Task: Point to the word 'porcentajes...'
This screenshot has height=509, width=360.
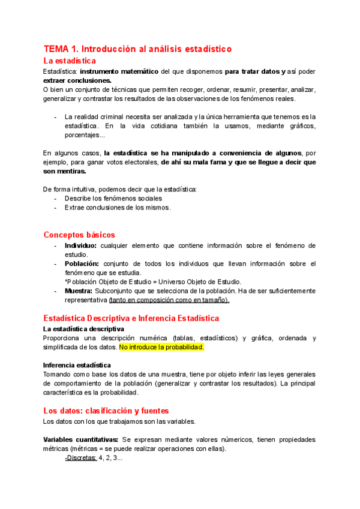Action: click(85, 135)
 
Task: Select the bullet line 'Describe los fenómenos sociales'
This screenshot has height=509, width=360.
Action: click(113, 198)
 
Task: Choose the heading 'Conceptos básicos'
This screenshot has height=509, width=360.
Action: click(79, 235)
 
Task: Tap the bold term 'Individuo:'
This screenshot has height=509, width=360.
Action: click(80, 245)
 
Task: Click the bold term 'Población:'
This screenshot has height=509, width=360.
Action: click(82, 264)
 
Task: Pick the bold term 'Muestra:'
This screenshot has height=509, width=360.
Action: click(79, 291)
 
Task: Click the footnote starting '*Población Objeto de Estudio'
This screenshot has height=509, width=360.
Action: click(153, 282)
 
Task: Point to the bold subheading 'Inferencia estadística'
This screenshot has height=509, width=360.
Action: click(77, 365)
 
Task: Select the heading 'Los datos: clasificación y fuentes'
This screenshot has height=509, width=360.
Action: click(106, 411)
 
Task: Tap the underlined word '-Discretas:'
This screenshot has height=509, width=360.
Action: click(80, 457)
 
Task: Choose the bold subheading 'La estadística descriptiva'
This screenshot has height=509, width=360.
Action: click(83, 329)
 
